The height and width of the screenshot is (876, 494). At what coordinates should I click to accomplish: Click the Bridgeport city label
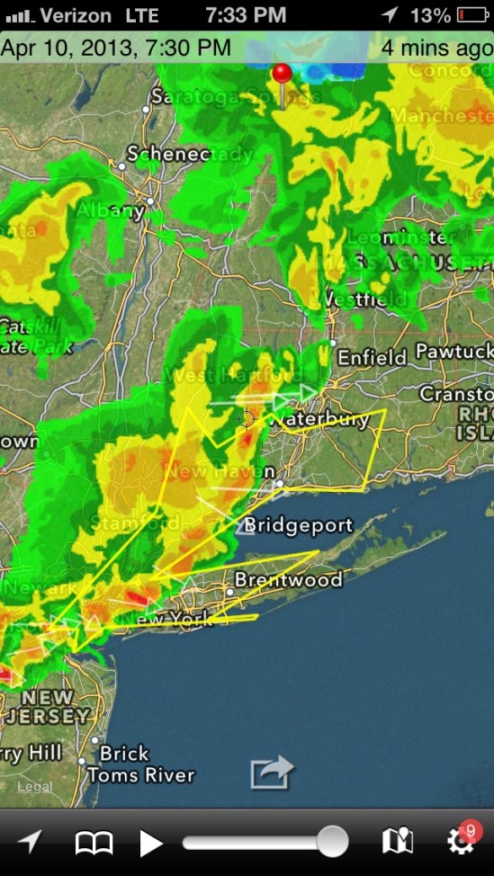[x=299, y=525]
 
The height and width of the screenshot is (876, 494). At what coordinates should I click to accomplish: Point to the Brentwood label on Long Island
[x=288, y=580]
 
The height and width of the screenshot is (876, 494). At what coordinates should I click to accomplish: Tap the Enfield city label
[x=372, y=358]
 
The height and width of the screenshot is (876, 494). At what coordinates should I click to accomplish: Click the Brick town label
[x=124, y=753]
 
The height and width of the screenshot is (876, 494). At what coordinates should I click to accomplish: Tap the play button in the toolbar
[x=151, y=843]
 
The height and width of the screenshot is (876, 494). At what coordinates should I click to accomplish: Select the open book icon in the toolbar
[x=94, y=843]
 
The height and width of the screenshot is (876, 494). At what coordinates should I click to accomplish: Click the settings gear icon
[x=459, y=843]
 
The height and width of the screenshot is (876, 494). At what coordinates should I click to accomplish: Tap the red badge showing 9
[x=470, y=829]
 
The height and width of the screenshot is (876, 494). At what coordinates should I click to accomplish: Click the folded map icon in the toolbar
[x=397, y=842]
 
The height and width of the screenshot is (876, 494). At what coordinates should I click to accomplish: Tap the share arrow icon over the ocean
[x=272, y=773]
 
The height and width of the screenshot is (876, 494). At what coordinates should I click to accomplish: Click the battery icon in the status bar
[x=472, y=15]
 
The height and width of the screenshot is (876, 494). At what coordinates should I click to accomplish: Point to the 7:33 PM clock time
[x=245, y=15]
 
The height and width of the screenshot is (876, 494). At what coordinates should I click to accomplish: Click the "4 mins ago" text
[x=436, y=48]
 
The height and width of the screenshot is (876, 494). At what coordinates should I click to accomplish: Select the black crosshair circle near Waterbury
[x=246, y=418]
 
